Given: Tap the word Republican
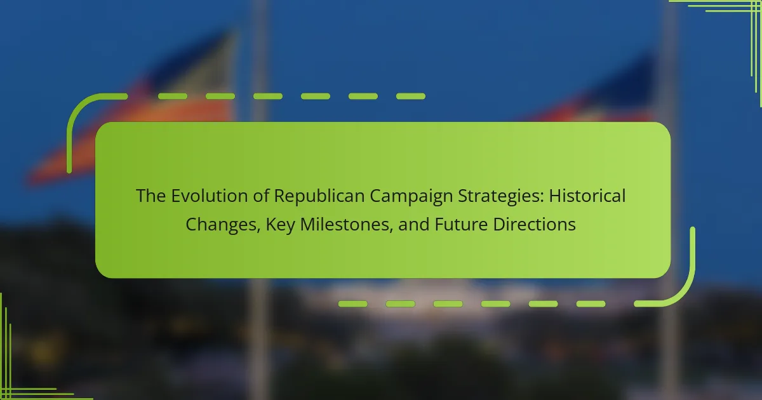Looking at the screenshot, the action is [319, 196].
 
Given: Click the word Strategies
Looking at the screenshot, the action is [498, 197].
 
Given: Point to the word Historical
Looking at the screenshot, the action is [587, 196].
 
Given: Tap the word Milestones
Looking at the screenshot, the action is [346, 225].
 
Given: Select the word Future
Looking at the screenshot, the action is [461, 225].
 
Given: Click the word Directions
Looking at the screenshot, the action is [534, 225].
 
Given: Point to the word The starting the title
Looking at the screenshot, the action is [150, 196].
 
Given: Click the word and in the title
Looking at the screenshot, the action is [413, 225].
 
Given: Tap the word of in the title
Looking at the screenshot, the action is [261, 196].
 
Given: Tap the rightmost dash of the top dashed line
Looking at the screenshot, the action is [411, 97].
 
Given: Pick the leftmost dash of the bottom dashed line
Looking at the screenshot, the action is [353, 303].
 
